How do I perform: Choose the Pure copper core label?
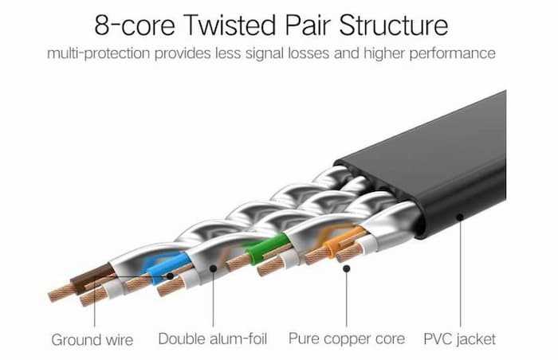347,339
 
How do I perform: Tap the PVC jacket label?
459,339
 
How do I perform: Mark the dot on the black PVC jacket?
459,215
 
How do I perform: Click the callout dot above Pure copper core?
347,269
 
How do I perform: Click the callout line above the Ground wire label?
93,307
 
